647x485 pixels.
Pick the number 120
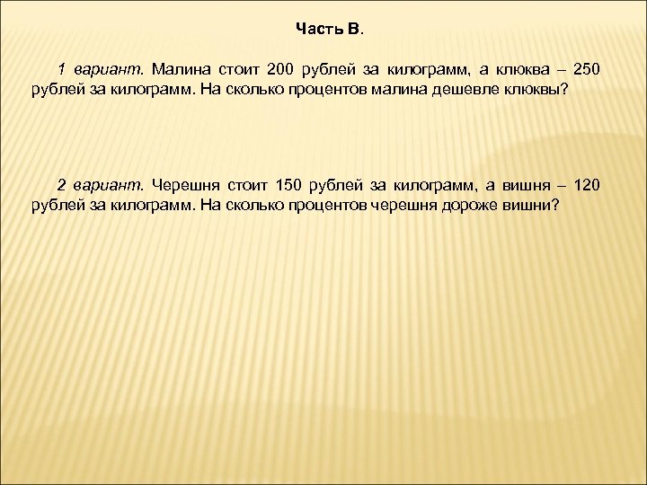pyautogui.click(x=585, y=185)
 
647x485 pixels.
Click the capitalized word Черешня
pyautogui.click(x=185, y=185)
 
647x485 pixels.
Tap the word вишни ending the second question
pyautogui.click(x=536, y=206)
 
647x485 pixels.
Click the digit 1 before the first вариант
pyautogui.click(x=62, y=70)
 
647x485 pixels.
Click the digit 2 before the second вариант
pyautogui.click(x=62, y=185)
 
